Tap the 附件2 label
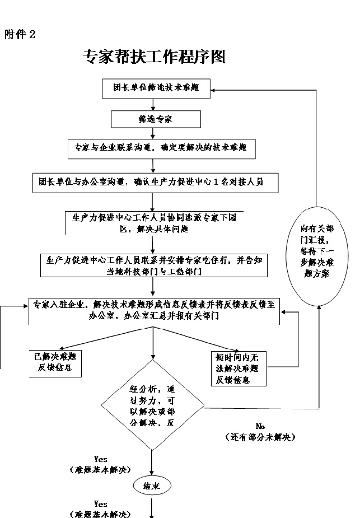tap(20, 35)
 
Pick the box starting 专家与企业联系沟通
tap(161, 148)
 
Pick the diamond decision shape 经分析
tap(153, 405)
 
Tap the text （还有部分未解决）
tap(260, 437)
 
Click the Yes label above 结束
tap(101, 459)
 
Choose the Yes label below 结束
tap(101, 504)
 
